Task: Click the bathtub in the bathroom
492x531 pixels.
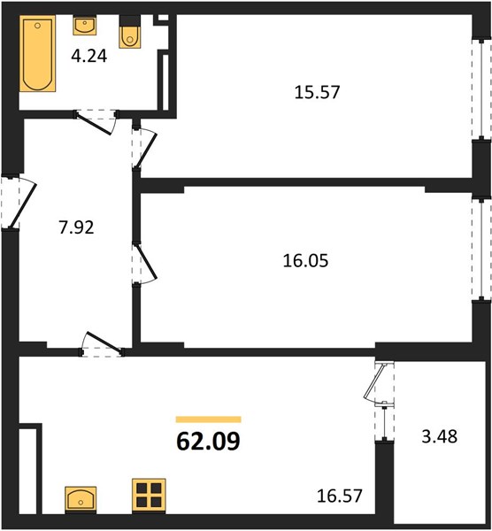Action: tap(37, 53)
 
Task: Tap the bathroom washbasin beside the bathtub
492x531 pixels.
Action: tap(84, 26)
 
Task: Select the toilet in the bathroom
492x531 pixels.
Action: tap(129, 32)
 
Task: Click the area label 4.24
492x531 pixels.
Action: tap(89, 57)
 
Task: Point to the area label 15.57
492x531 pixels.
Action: tap(317, 92)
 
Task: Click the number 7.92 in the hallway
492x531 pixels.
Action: tap(76, 227)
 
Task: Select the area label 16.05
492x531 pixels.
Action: tap(305, 261)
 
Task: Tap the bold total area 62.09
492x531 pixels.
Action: tap(208, 442)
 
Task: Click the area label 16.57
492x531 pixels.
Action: tap(340, 496)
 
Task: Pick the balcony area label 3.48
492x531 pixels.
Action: tap(440, 436)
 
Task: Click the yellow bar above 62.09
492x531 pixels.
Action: tap(208, 419)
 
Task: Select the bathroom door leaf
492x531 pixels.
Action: tap(95, 123)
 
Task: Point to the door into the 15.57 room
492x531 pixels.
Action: tap(146, 150)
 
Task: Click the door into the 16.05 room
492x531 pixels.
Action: tap(146, 263)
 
